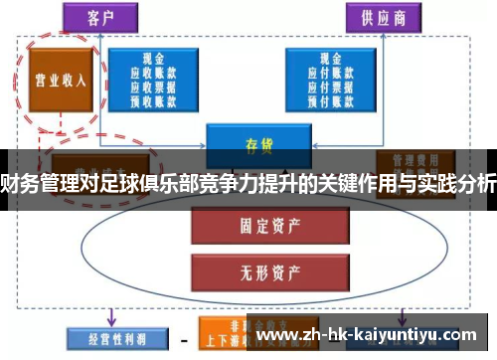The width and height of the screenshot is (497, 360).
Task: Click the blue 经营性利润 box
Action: (109, 337)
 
